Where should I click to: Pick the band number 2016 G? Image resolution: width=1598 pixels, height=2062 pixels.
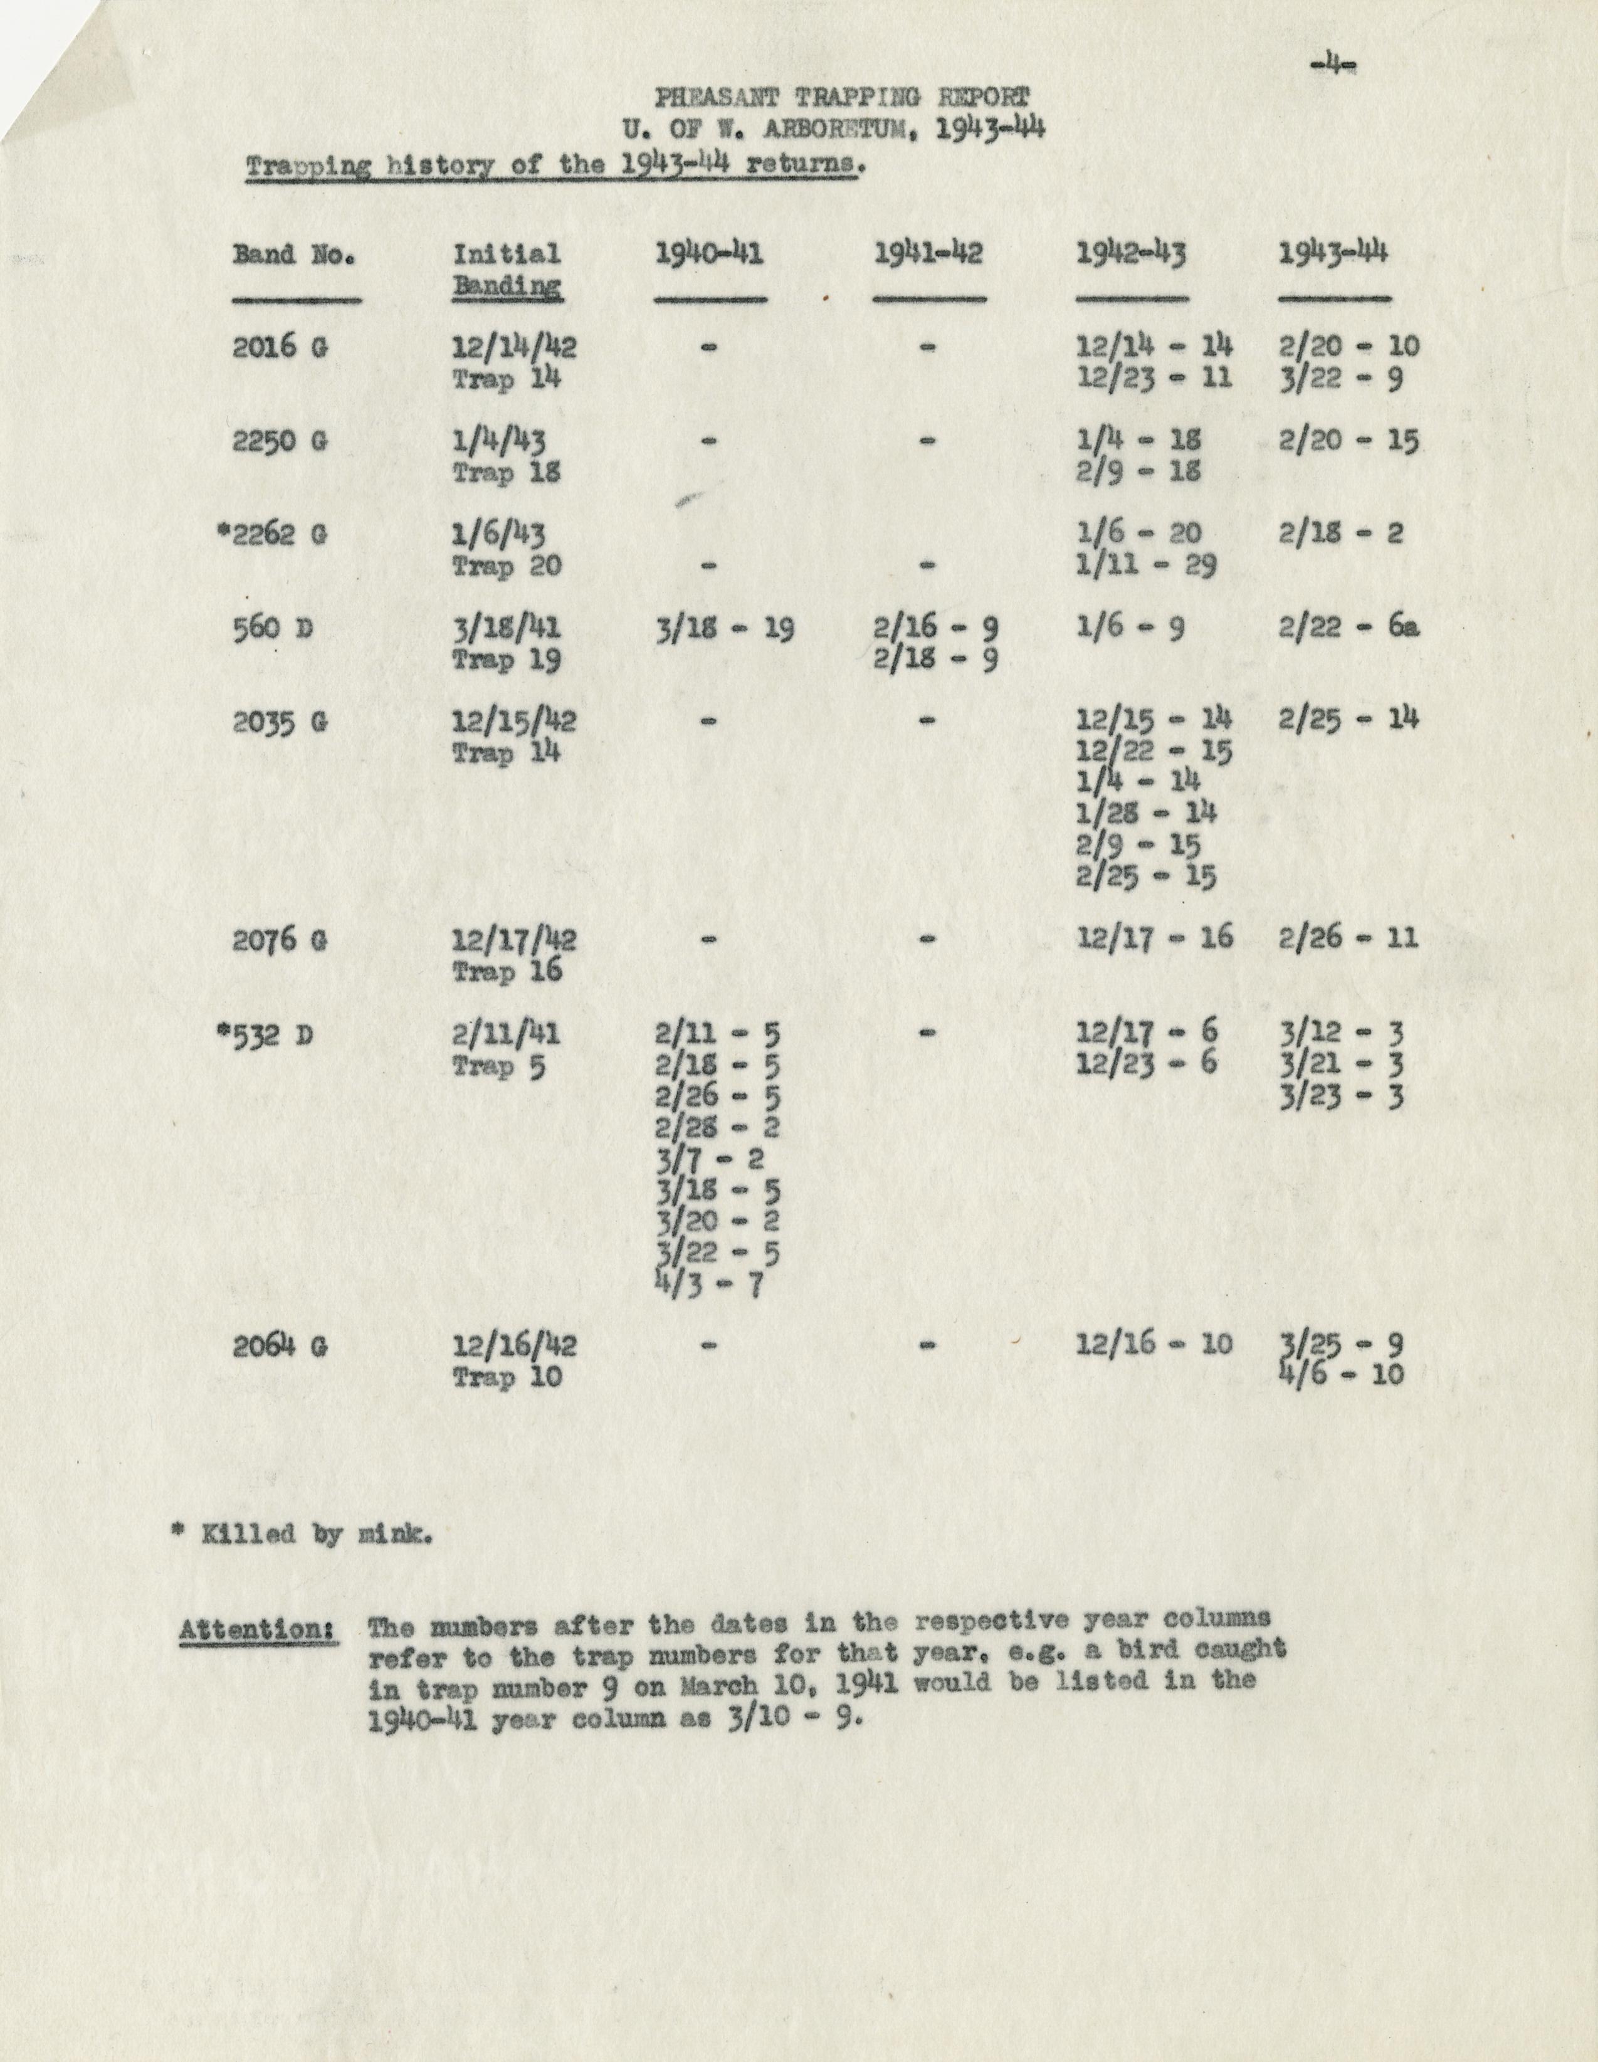coord(280,347)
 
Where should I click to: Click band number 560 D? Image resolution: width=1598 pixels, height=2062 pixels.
coord(273,628)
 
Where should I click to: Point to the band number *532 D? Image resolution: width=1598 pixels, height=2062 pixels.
coord(266,1036)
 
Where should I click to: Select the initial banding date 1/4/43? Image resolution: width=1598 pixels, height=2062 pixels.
coord(498,441)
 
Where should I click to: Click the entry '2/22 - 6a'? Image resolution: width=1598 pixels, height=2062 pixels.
coord(1349,628)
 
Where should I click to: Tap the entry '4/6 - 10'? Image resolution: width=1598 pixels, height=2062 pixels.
coord(1341,1374)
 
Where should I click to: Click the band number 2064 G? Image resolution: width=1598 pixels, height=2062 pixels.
coord(280,1346)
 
